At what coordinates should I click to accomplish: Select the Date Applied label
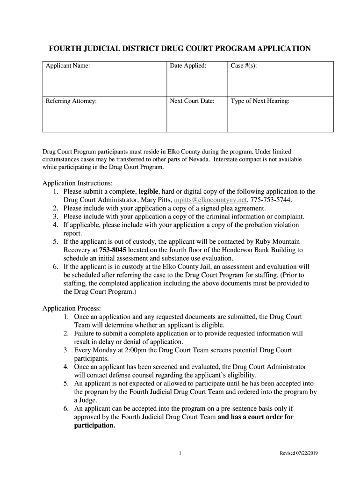tap(188, 66)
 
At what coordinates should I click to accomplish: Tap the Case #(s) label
tap(244, 66)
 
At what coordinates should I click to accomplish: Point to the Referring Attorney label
tap(71, 101)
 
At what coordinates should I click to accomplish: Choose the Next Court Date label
tap(192, 101)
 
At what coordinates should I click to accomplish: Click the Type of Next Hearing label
tap(260, 101)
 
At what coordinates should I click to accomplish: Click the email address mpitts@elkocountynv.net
tap(210, 199)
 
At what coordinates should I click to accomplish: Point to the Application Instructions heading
tap(78, 183)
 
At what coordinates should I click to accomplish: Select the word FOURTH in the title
tap(66, 49)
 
